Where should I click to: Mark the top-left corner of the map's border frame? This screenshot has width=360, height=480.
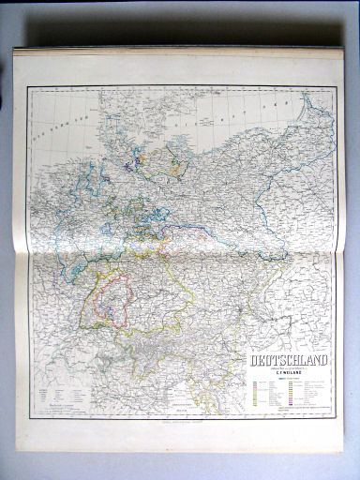[27, 86]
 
